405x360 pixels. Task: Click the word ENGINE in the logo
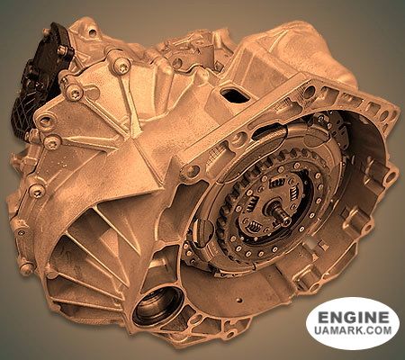tap(351, 319)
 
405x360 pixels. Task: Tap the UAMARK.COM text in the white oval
tap(351, 335)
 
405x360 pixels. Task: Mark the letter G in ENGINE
tap(346, 319)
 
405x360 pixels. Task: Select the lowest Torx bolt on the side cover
tap(36, 190)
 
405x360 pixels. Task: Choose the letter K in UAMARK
tap(357, 335)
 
